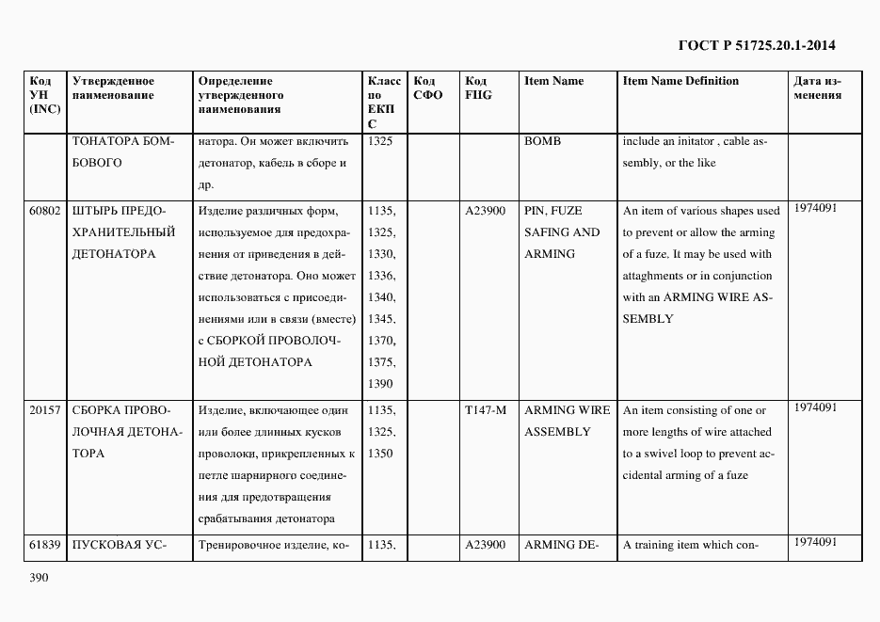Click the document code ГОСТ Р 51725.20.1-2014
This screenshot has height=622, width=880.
pyautogui.click(x=757, y=45)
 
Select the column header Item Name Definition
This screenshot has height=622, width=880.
pyautogui.click(x=680, y=81)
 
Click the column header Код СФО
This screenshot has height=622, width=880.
pyautogui.click(x=427, y=88)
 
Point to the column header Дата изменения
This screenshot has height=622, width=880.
pyautogui.click(x=817, y=88)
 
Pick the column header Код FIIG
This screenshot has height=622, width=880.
pyautogui.click(x=478, y=88)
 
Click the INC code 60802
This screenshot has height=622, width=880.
pyautogui.click(x=44, y=211)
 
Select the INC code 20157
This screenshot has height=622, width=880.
pyautogui.click(x=44, y=410)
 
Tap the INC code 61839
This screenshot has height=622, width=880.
pyautogui.click(x=44, y=544)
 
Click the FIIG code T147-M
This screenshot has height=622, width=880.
pyautogui.click(x=486, y=410)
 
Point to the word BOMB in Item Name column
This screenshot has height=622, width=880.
pyautogui.click(x=542, y=141)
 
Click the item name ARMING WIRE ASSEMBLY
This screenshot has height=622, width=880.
pyautogui.click(x=567, y=421)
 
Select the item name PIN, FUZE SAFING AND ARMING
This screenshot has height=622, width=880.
pyautogui.click(x=561, y=232)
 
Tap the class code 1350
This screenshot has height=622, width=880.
pyautogui.click(x=381, y=454)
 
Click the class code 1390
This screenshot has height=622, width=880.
pyautogui.click(x=381, y=384)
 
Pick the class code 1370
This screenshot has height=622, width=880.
pyautogui.click(x=381, y=341)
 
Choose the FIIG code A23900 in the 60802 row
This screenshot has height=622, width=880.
pyautogui.click(x=486, y=211)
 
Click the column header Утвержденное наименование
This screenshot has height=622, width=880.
pyautogui.click(x=113, y=88)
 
